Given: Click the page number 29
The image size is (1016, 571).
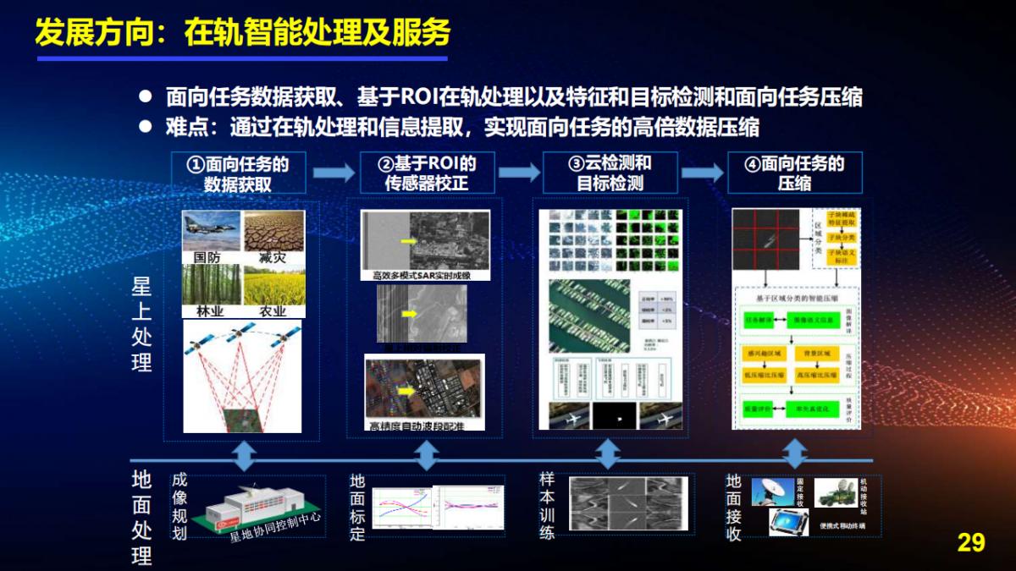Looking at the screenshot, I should click(970, 542).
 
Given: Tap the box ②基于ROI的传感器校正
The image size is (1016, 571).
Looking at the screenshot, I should click(427, 173).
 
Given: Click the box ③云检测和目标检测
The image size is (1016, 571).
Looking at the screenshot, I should click(610, 173).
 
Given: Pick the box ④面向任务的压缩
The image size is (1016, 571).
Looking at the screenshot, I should click(794, 173).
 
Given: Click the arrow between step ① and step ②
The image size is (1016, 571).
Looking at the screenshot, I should click(333, 173).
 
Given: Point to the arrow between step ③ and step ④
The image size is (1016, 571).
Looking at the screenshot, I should click(702, 173).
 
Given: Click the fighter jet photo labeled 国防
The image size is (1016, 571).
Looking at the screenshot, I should click(212, 232).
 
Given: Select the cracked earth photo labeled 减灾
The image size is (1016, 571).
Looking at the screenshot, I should click(273, 232).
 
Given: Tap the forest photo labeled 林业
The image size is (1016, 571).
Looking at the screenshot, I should click(212, 286).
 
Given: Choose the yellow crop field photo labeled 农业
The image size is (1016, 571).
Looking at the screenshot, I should click(273, 286).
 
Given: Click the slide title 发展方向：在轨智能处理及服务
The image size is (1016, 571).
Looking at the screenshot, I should click(242, 33).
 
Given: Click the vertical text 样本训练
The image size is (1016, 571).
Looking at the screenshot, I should click(548, 506).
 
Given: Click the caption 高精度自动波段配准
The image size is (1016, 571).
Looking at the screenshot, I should click(417, 426).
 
